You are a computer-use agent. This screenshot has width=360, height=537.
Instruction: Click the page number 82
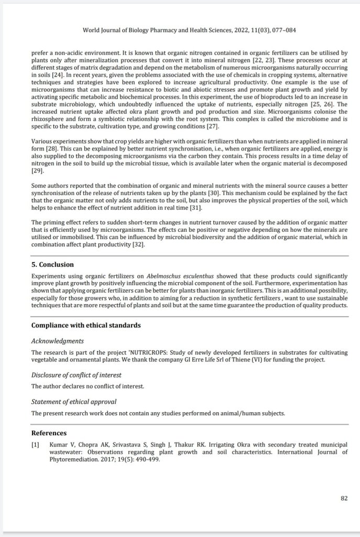(x=344, y=498)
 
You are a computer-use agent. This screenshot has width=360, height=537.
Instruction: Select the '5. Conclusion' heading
(x=52, y=265)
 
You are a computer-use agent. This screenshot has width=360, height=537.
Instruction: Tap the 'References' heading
(x=49, y=433)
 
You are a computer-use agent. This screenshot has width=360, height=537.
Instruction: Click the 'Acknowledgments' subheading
(x=58, y=341)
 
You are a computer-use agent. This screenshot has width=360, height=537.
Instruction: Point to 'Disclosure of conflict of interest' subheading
(x=77, y=374)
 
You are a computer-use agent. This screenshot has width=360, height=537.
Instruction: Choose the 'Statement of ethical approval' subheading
(x=73, y=402)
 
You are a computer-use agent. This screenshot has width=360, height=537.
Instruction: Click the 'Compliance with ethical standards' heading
(x=86, y=325)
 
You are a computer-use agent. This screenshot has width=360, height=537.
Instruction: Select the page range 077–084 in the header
(x=282, y=30)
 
